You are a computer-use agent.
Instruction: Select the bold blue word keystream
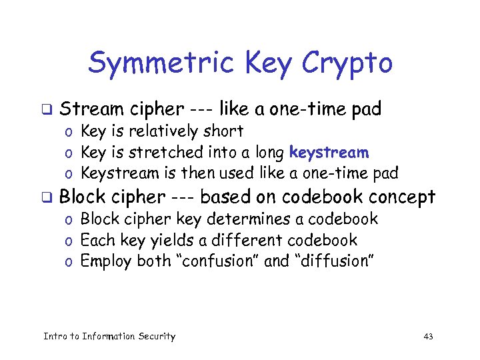tap(329, 153)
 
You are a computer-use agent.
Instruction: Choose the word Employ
tap(106, 261)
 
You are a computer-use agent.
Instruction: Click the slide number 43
tap(428, 337)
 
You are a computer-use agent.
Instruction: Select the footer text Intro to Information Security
tap(109, 337)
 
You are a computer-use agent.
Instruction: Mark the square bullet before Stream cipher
tap(47, 109)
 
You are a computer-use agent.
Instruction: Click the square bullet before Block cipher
tap(47, 197)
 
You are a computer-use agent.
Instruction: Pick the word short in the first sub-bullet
tap(225, 131)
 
